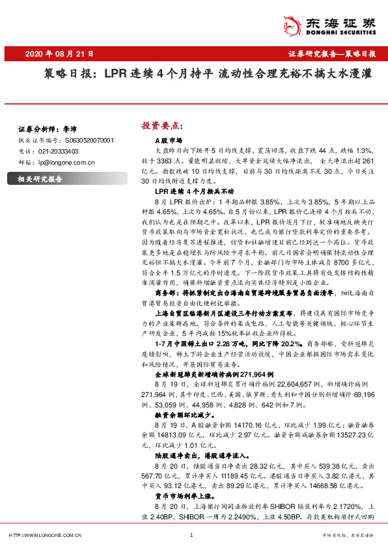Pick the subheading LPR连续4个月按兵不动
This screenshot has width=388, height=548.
(193, 193)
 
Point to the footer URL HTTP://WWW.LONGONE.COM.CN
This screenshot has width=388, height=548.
(44, 535)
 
